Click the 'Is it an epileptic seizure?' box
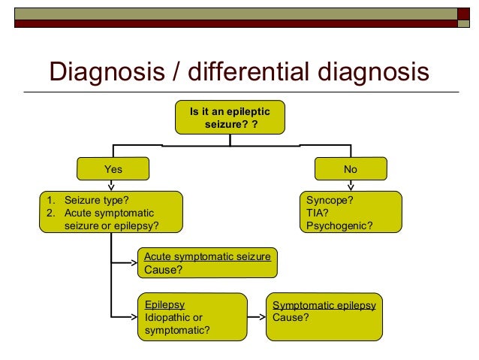coord(230,117)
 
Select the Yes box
coord(112,169)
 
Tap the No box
coord(350,169)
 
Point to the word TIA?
coord(318,213)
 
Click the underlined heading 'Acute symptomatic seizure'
coord(207,257)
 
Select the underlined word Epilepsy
coord(164,304)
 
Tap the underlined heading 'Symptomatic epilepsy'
coord(324,305)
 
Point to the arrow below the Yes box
coord(112,186)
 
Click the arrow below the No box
coord(350,186)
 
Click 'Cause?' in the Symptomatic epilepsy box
coord(291,317)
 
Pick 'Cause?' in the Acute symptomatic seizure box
coord(163,270)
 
